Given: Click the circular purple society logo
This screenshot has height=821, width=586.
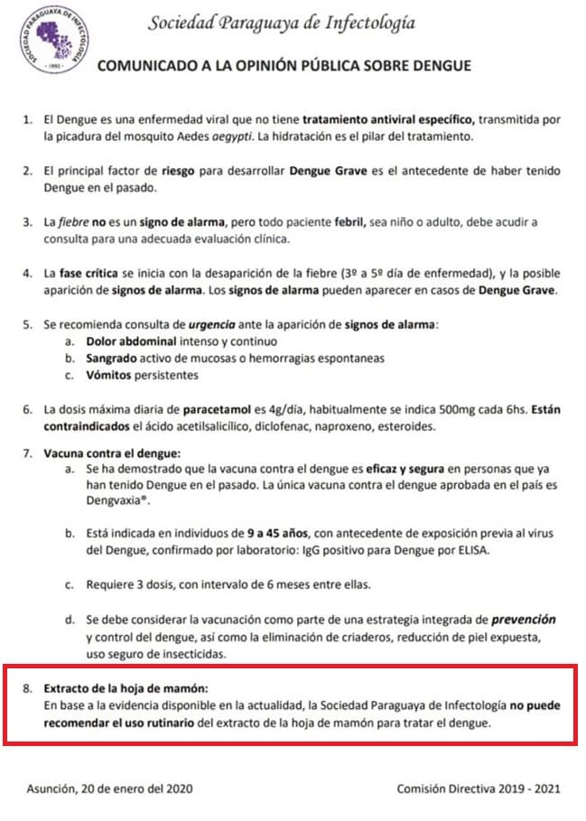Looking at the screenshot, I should (x=53, y=44).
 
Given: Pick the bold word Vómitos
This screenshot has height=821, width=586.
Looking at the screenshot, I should (x=111, y=376).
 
